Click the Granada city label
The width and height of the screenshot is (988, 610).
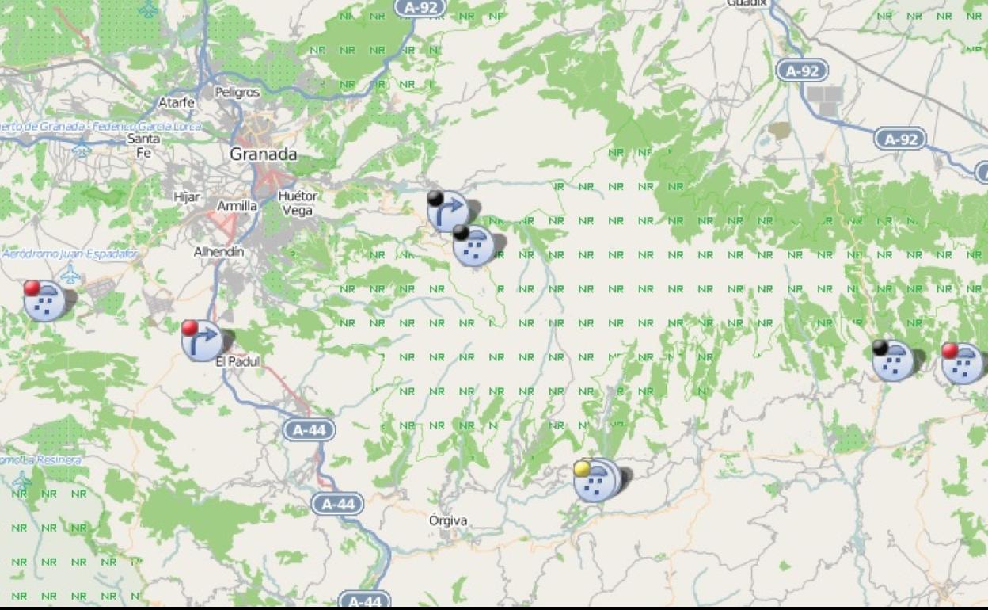[264, 154]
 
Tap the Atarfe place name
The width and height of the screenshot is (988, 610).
[176, 102]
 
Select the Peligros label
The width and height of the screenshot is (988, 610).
[237, 92]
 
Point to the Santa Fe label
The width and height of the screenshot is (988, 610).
[143, 145]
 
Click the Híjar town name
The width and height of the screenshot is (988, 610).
[187, 197]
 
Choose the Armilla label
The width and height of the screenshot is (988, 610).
[237, 206]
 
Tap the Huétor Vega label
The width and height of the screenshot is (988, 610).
[298, 203]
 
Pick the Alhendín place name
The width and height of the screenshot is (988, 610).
[218, 252]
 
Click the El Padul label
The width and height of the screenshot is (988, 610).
[237, 362]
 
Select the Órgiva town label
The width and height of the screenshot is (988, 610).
[447, 520]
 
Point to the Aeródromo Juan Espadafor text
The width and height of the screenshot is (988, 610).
[70, 254]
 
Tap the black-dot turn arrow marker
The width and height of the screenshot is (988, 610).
[448, 211]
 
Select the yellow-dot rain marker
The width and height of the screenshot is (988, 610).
[596, 480]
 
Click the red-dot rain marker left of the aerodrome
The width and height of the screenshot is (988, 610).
[44, 300]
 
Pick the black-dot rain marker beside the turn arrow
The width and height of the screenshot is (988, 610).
[474, 245]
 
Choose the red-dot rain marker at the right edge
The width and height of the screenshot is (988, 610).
[963, 364]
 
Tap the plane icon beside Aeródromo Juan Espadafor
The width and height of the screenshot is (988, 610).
[70, 275]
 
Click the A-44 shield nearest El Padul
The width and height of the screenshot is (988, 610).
[309, 430]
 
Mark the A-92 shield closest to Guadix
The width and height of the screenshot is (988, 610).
[802, 71]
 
